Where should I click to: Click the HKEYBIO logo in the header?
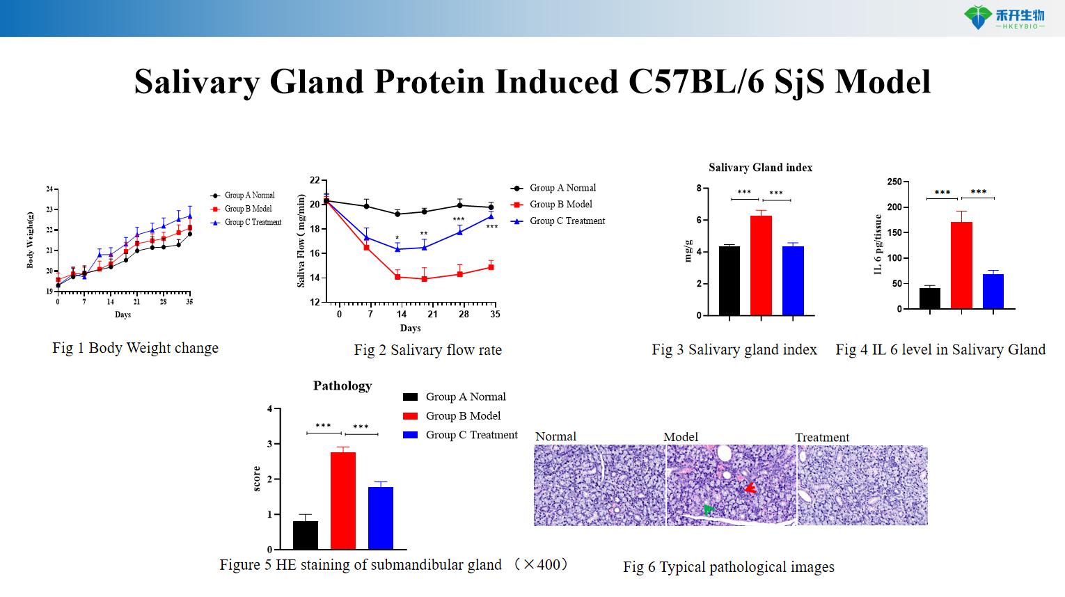pyautogui.click(x=1004, y=17)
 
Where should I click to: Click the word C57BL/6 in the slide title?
pyautogui.click(x=696, y=82)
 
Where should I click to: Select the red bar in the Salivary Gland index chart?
pyautogui.click(x=761, y=265)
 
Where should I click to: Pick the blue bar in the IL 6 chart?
pyautogui.click(x=993, y=291)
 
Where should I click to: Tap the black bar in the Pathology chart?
pyautogui.click(x=306, y=535)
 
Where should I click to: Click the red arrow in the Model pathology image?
pyautogui.click(x=749, y=488)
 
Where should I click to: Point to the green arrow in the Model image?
pyautogui.click(x=708, y=509)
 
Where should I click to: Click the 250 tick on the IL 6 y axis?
pyautogui.click(x=894, y=182)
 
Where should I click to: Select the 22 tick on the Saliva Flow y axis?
pyautogui.click(x=315, y=180)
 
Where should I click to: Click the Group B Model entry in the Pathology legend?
pyautogui.click(x=463, y=416)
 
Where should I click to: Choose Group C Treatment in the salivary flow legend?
pyautogui.click(x=567, y=221)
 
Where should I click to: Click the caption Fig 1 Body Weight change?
pyautogui.click(x=135, y=348)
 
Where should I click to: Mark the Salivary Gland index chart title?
pyautogui.click(x=760, y=168)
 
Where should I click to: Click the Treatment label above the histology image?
pyautogui.click(x=822, y=437)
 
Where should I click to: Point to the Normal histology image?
pyautogui.click(x=599, y=485)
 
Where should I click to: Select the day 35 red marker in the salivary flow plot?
pyautogui.click(x=491, y=267)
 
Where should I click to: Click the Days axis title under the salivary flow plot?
pyautogui.click(x=410, y=328)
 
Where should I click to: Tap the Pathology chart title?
pyautogui.click(x=342, y=386)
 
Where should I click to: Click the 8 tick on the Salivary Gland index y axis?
pyautogui.click(x=698, y=188)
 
